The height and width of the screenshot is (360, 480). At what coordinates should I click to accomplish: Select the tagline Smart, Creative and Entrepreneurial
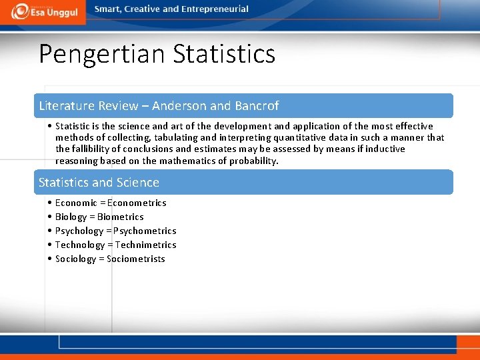(171, 9)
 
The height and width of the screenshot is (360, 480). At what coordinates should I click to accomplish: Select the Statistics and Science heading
(99, 183)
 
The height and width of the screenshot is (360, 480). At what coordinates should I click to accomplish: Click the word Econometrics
(137, 203)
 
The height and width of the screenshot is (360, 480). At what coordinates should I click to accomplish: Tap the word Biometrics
(120, 217)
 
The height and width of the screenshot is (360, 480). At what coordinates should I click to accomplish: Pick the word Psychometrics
(145, 231)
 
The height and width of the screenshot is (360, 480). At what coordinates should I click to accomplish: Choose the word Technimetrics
(145, 245)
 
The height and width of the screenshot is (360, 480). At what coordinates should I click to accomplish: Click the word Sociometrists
(135, 259)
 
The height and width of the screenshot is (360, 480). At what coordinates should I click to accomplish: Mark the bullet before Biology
(50, 217)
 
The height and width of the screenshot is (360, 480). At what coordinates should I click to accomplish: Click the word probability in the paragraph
(251, 161)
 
